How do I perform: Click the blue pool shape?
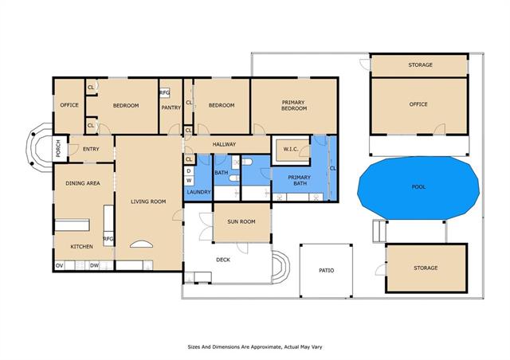[418, 188]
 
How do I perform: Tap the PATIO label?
[326, 270]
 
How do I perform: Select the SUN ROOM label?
[241, 221]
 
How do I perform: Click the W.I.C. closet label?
[290, 149]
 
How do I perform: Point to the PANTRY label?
[171, 108]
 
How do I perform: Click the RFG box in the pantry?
[165, 93]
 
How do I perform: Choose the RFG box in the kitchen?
[108, 239]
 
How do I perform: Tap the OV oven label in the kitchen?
[59, 266]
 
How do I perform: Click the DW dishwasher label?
[94, 266]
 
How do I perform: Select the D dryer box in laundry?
[189, 171]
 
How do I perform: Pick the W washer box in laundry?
[189, 181]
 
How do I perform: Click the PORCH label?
[58, 149]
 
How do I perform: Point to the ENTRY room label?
[91, 149]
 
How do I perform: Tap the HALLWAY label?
[224, 144]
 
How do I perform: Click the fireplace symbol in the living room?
[141, 245]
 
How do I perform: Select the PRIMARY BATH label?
[300, 180]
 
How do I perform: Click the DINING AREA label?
[83, 183]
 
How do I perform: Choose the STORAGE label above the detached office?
[420, 65]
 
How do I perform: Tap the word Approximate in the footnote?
[261, 347]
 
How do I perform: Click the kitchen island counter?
[72, 225]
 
